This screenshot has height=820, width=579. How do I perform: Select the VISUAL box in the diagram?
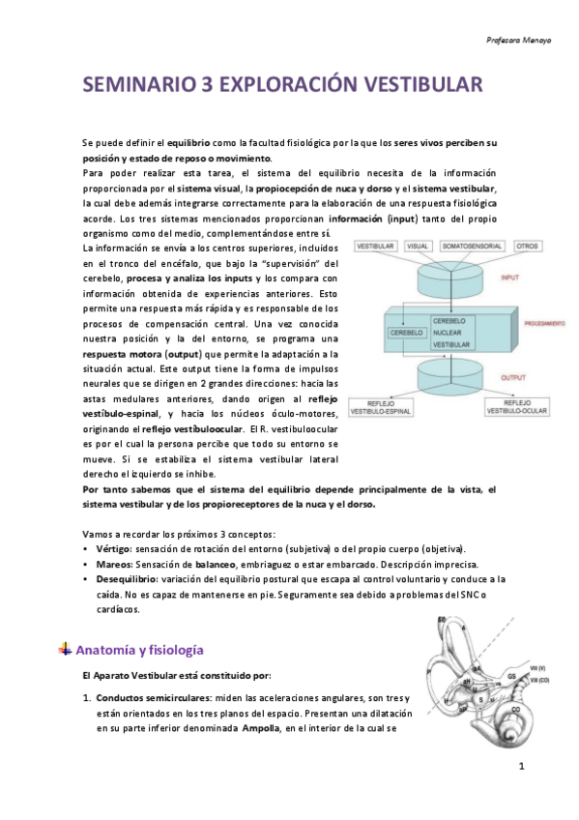pos(418,247)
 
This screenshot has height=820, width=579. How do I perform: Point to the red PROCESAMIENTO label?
pos(545,326)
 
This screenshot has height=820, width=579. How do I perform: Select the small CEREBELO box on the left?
pos(407,333)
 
